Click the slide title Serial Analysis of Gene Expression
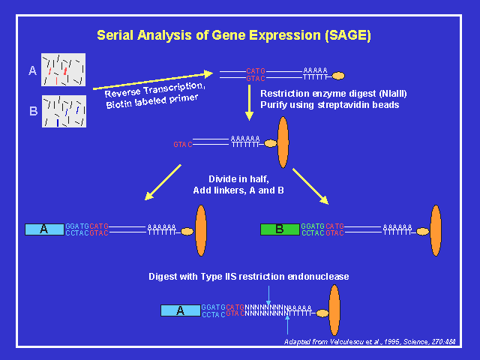[233, 35]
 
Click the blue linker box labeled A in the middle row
[44, 229]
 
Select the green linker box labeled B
[279, 229]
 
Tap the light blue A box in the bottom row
[181, 310]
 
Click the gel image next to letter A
[63, 69]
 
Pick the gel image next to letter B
[63, 110]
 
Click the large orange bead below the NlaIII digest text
[283, 142]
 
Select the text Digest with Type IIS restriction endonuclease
[248, 277]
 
